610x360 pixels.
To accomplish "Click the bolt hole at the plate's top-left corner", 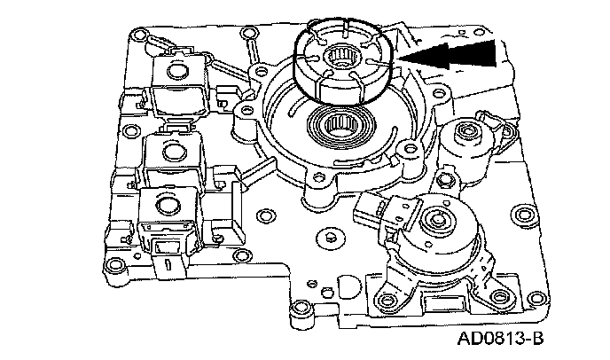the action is click(135, 38).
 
